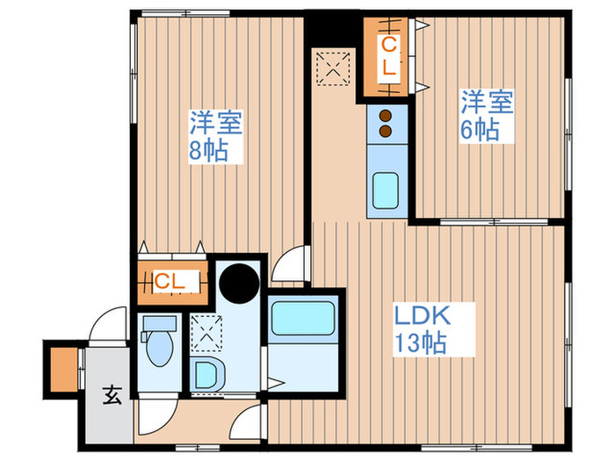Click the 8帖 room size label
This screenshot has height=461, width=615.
(x=208, y=150)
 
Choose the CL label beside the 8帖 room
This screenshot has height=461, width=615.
(x=170, y=282)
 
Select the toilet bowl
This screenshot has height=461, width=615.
(x=159, y=349)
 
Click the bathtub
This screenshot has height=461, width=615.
(x=303, y=320)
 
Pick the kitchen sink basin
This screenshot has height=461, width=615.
(x=385, y=191)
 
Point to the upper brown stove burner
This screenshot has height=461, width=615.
(x=385, y=115)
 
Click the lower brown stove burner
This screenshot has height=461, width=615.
(x=385, y=131)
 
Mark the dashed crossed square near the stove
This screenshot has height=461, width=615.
(x=334, y=68)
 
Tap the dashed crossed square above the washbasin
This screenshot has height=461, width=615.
(x=207, y=330)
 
